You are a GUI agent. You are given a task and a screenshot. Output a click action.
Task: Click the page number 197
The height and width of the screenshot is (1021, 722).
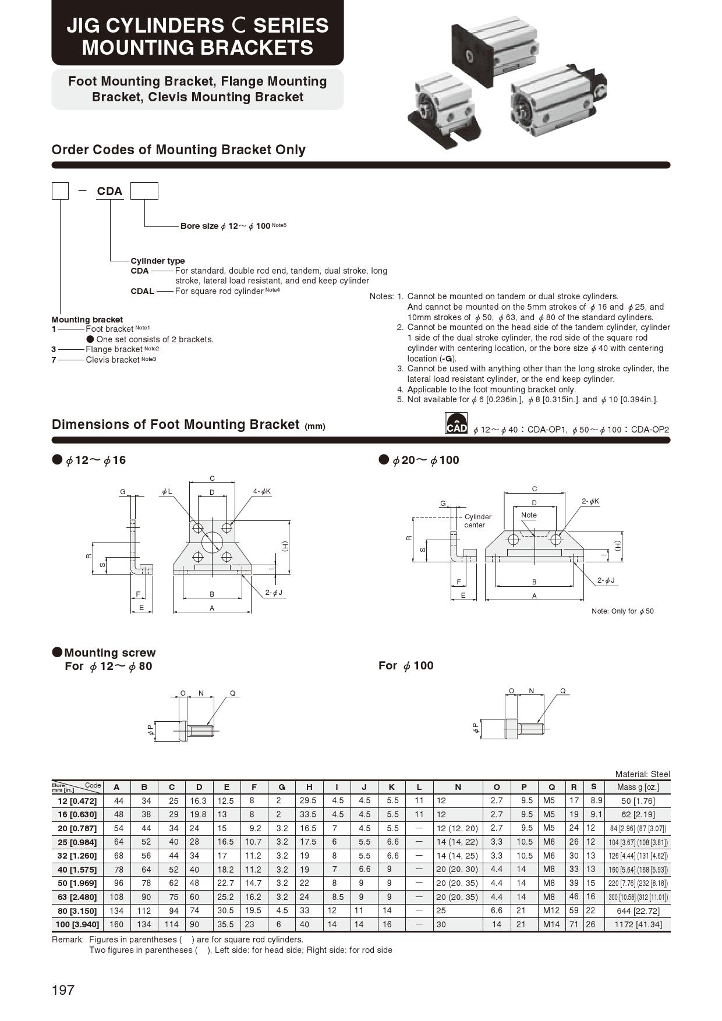pos(63,990)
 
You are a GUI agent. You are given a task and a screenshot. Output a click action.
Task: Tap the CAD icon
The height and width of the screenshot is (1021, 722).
pos(456,424)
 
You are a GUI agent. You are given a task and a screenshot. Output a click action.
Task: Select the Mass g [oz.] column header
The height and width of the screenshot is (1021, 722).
pos(637,787)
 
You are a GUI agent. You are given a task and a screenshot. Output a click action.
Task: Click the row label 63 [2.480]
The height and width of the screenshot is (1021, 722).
pos(76,897)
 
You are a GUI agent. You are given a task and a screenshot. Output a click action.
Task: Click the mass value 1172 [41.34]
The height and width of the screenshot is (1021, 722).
pos(637,924)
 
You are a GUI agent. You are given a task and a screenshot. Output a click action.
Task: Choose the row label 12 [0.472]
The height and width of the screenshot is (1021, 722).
pos(76,801)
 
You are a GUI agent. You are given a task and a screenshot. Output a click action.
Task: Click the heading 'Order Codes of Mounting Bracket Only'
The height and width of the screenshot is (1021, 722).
pos(179,150)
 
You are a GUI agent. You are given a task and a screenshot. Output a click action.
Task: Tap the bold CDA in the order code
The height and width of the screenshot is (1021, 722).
pos(109,191)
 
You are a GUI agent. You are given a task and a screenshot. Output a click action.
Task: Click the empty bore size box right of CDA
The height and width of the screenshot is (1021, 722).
pos(144,191)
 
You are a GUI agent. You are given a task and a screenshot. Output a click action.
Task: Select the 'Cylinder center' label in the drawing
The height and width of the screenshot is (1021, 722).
pos(477,521)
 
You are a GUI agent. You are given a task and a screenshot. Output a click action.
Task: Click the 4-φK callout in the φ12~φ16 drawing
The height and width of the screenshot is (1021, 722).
pos(261,492)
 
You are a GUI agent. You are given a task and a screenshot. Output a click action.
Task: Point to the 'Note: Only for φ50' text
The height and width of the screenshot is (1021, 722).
pos(622,611)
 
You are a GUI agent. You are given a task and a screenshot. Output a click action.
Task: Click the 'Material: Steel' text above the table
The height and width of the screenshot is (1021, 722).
pos(642,774)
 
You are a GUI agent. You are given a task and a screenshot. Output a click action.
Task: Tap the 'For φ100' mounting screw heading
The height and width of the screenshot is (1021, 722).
pos(406,666)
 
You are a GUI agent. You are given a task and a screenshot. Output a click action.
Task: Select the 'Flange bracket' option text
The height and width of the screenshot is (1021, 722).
pos(114,349)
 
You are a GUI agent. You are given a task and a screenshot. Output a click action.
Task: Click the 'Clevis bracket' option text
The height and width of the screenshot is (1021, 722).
pos(113,360)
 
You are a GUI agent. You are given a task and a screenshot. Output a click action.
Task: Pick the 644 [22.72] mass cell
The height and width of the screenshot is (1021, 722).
pos(637,911)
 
